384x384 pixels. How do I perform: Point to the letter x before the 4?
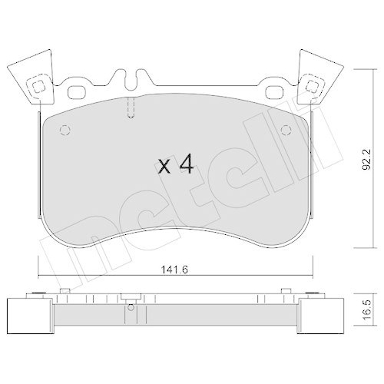[x=164, y=167]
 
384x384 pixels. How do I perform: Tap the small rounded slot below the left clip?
[x=77, y=92]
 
